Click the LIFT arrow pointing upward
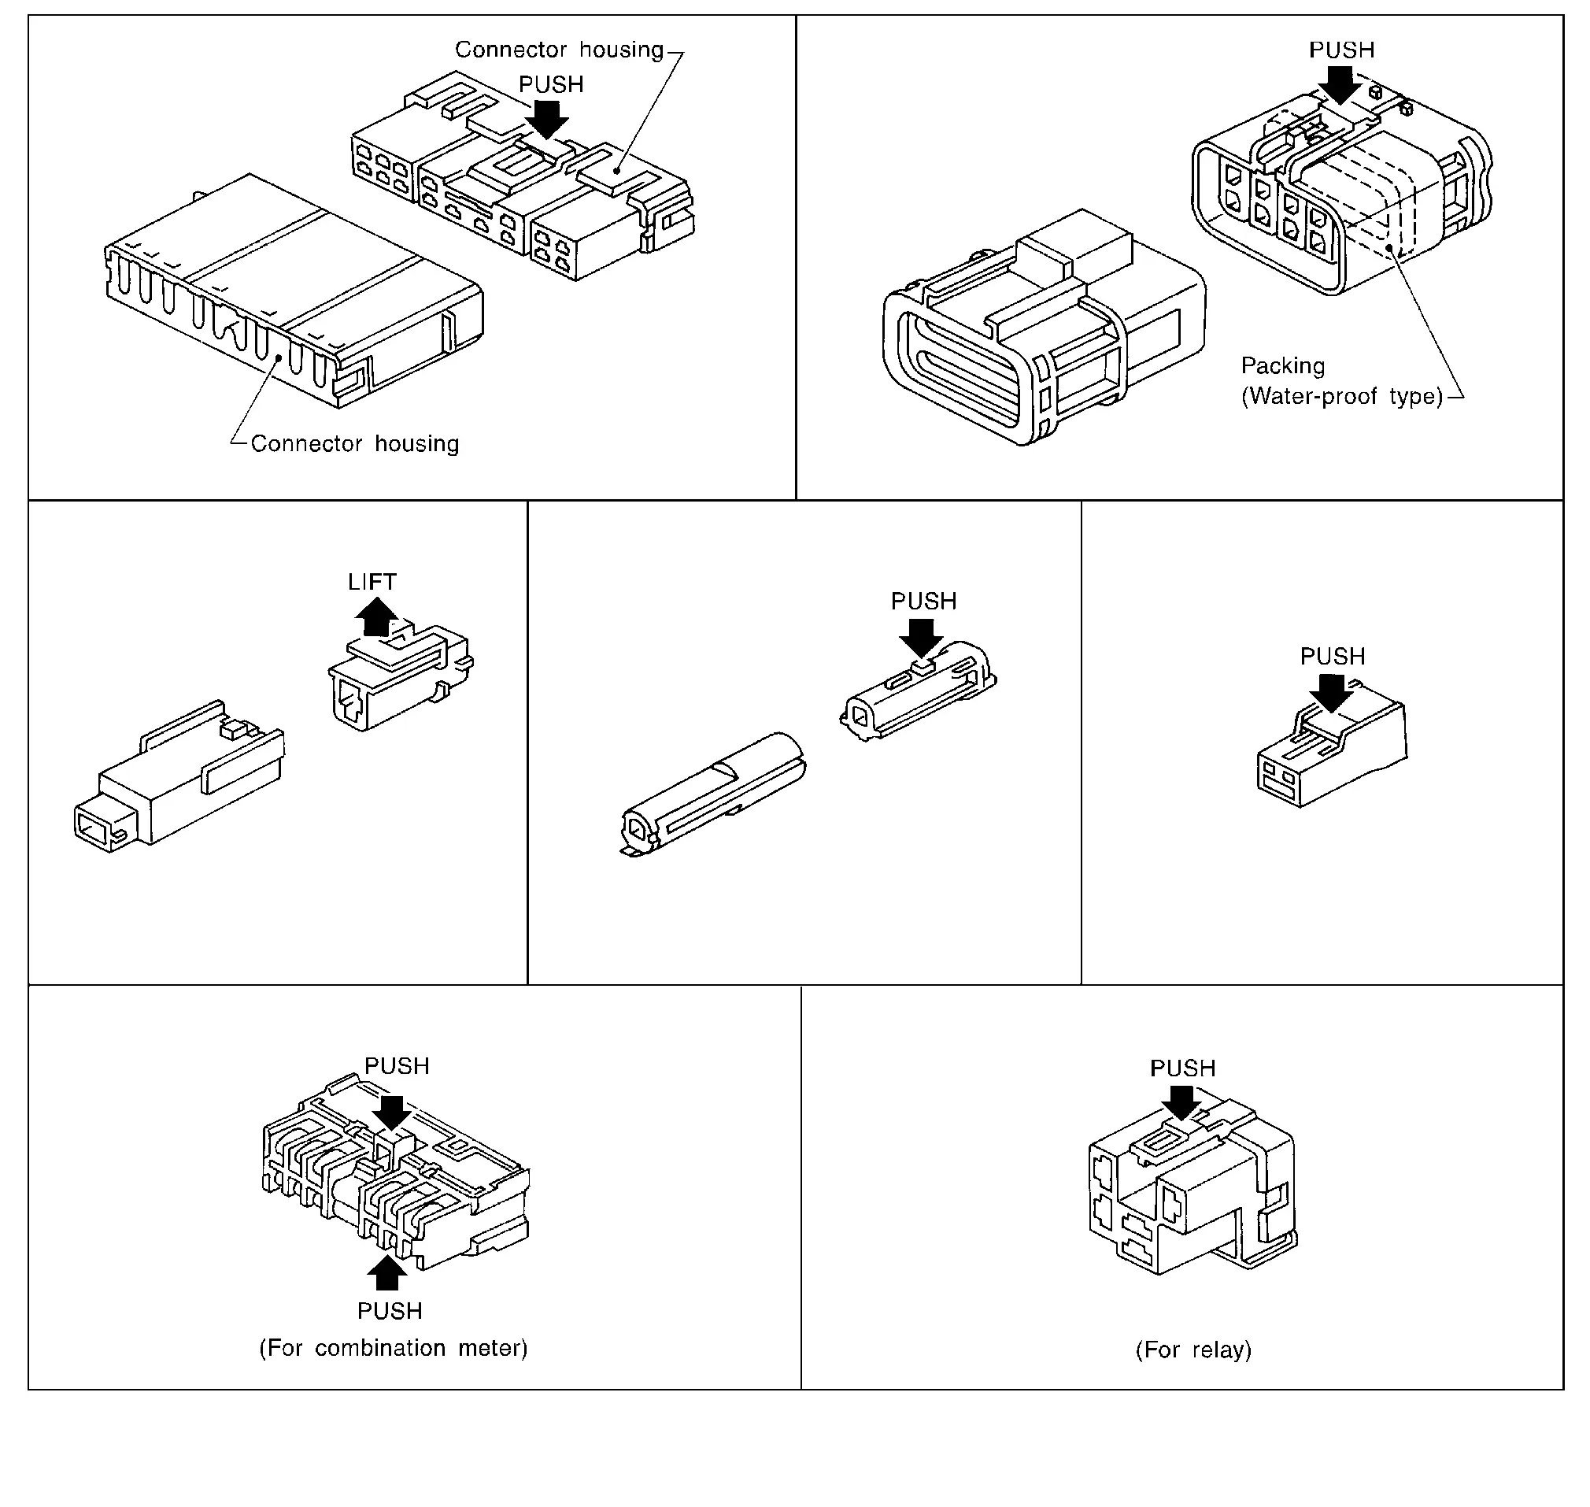pos(375,617)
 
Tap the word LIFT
pos(372,582)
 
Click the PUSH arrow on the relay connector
pos(1182,1102)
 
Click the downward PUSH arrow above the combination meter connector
pos(392,1113)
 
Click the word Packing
pos(1282,365)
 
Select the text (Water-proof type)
pos(1342,396)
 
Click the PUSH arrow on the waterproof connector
pos(1340,84)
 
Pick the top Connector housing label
pos(559,50)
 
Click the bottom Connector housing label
pos(354,443)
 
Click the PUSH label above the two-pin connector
pos(1333,657)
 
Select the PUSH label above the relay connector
pos(1182,1068)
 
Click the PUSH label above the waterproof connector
pos(1341,50)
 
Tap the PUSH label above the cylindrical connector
pos(923,601)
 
